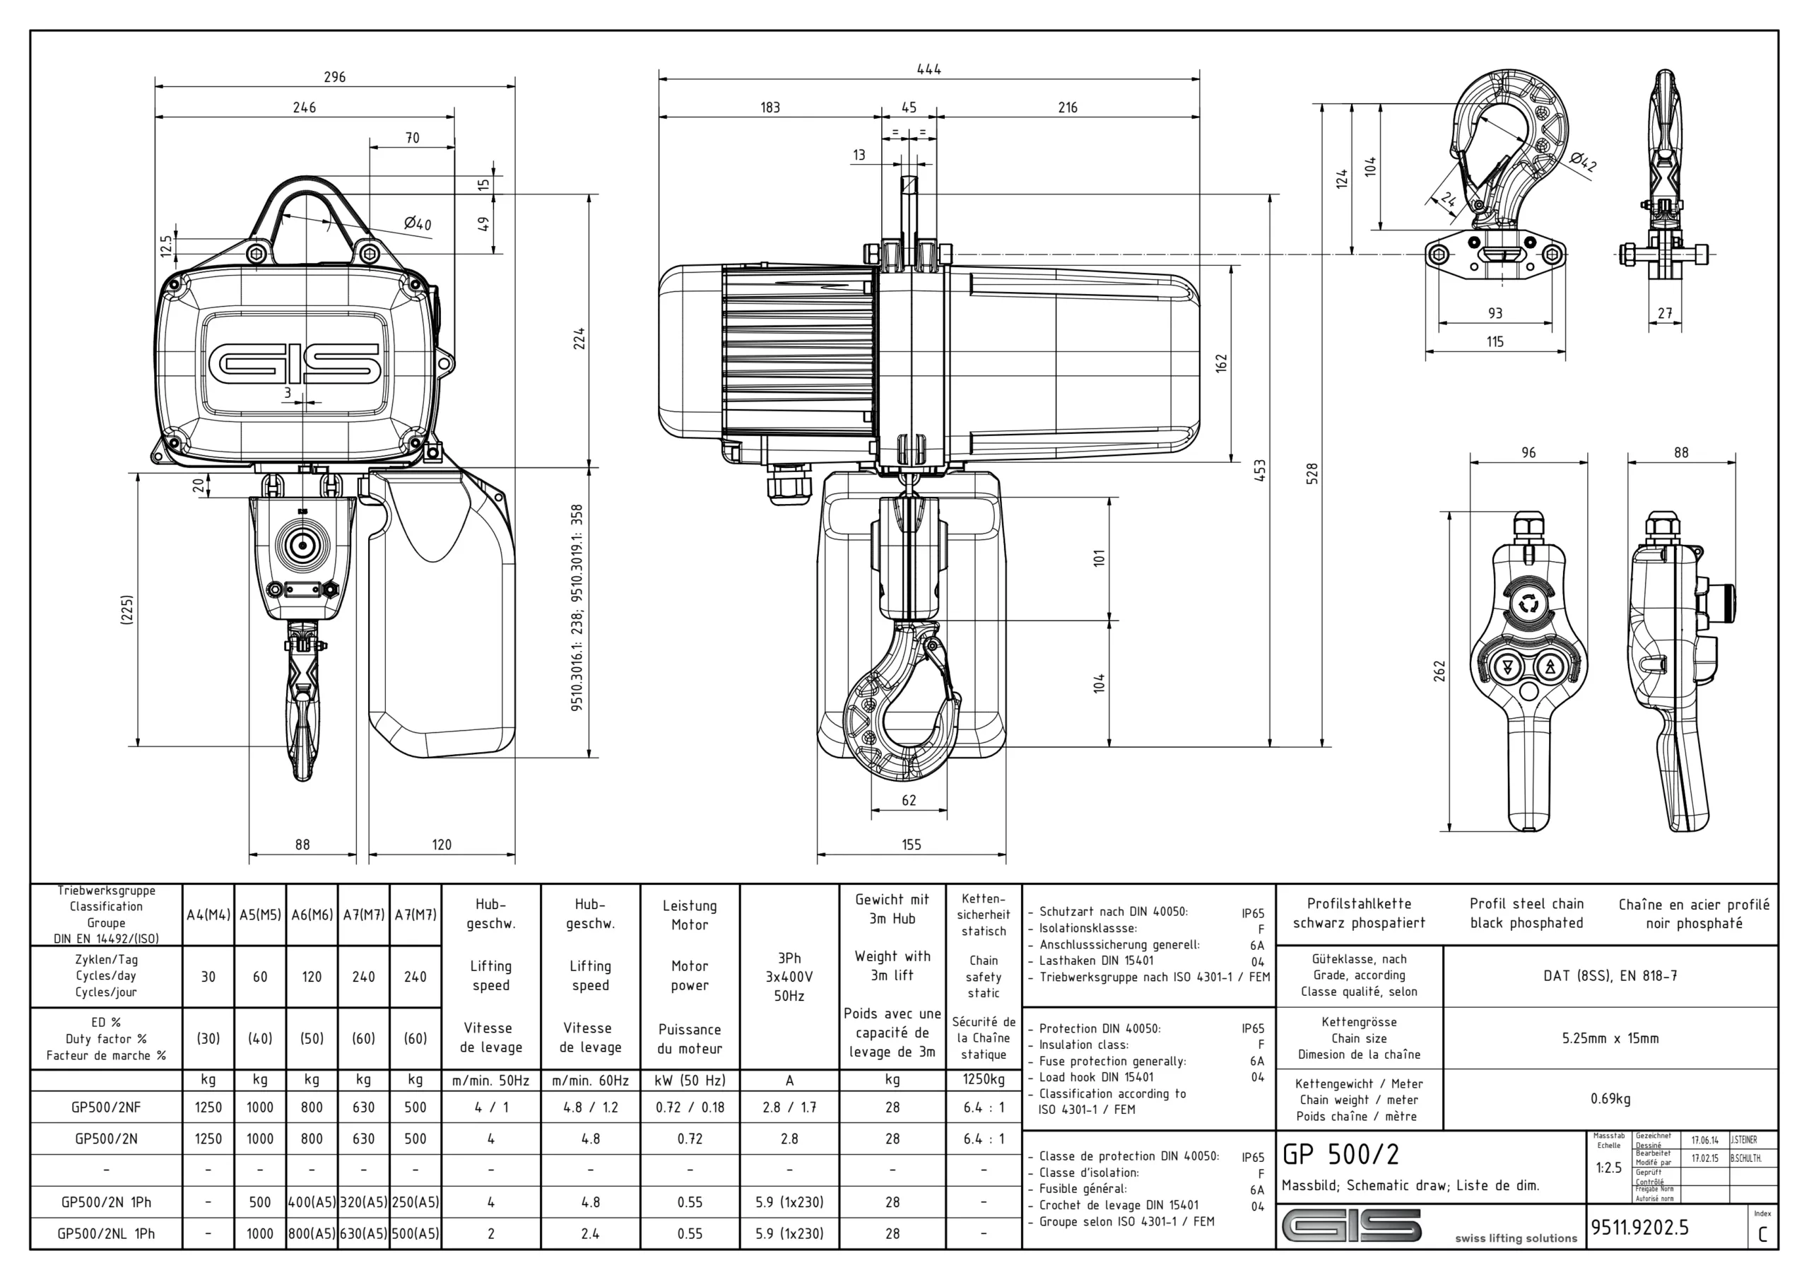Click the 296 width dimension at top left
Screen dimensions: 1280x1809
(x=334, y=77)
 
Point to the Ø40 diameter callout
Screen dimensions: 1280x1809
(x=417, y=224)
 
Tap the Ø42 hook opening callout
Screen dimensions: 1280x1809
(x=1581, y=163)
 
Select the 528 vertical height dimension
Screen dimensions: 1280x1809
(x=1312, y=474)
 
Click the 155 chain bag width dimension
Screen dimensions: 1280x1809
(x=911, y=845)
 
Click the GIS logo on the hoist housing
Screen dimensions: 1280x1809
(x=295, y=363)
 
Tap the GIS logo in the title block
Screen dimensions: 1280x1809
(x=1351, y=1226)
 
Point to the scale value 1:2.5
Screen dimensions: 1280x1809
(x=1608, y=1168)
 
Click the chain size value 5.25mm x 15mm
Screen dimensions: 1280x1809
(x=1610, y=1039)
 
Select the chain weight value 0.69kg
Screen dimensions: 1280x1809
(x=1610, y=1099)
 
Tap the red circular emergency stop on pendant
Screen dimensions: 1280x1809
(x=1528, y=604)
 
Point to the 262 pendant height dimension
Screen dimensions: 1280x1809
(x=1439, y=671)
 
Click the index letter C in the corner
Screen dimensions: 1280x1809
(x=1762, y=1235)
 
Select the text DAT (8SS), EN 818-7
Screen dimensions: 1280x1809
(x=1610, y=976)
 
